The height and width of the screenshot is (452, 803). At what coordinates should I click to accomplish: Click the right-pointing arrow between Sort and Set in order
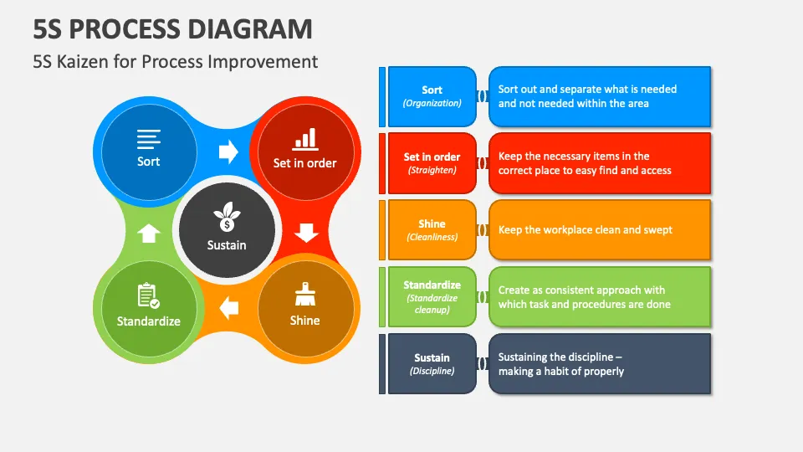(x=228, y=152)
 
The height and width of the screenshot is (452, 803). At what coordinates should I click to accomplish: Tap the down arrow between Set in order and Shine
(x=306, y=233)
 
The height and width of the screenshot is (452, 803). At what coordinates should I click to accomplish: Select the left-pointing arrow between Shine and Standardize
(x=228, y=309)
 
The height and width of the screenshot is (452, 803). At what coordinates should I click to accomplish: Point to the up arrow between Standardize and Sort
(x=149, y=234)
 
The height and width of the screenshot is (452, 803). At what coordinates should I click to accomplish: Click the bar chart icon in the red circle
(x=305, y=140)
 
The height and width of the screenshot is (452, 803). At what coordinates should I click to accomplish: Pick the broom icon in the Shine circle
(x=305, y=294)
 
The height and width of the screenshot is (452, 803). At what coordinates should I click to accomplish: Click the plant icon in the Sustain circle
(x=227, y=217)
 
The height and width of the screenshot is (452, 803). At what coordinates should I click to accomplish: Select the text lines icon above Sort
(x=149, y=139)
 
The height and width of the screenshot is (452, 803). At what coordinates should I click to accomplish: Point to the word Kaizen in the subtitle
(x=83, y=61)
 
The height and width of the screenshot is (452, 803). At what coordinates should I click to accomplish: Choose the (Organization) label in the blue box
(x=432, y=103)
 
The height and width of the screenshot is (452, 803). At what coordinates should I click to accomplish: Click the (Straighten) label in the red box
(x=432, y=170)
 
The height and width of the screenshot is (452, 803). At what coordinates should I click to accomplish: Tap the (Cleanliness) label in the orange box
(x=432, y=237)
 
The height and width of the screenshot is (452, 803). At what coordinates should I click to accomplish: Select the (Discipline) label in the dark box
(x=432, y=371)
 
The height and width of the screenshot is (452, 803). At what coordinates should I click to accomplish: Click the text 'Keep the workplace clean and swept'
(x=585, y=230)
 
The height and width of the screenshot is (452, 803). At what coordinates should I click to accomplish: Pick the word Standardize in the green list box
(x=432, y=285)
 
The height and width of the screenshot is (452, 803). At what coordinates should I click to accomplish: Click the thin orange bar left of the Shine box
(x=382, y=230)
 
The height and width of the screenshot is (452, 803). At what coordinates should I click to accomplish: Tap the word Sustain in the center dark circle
(x=227, y=245)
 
